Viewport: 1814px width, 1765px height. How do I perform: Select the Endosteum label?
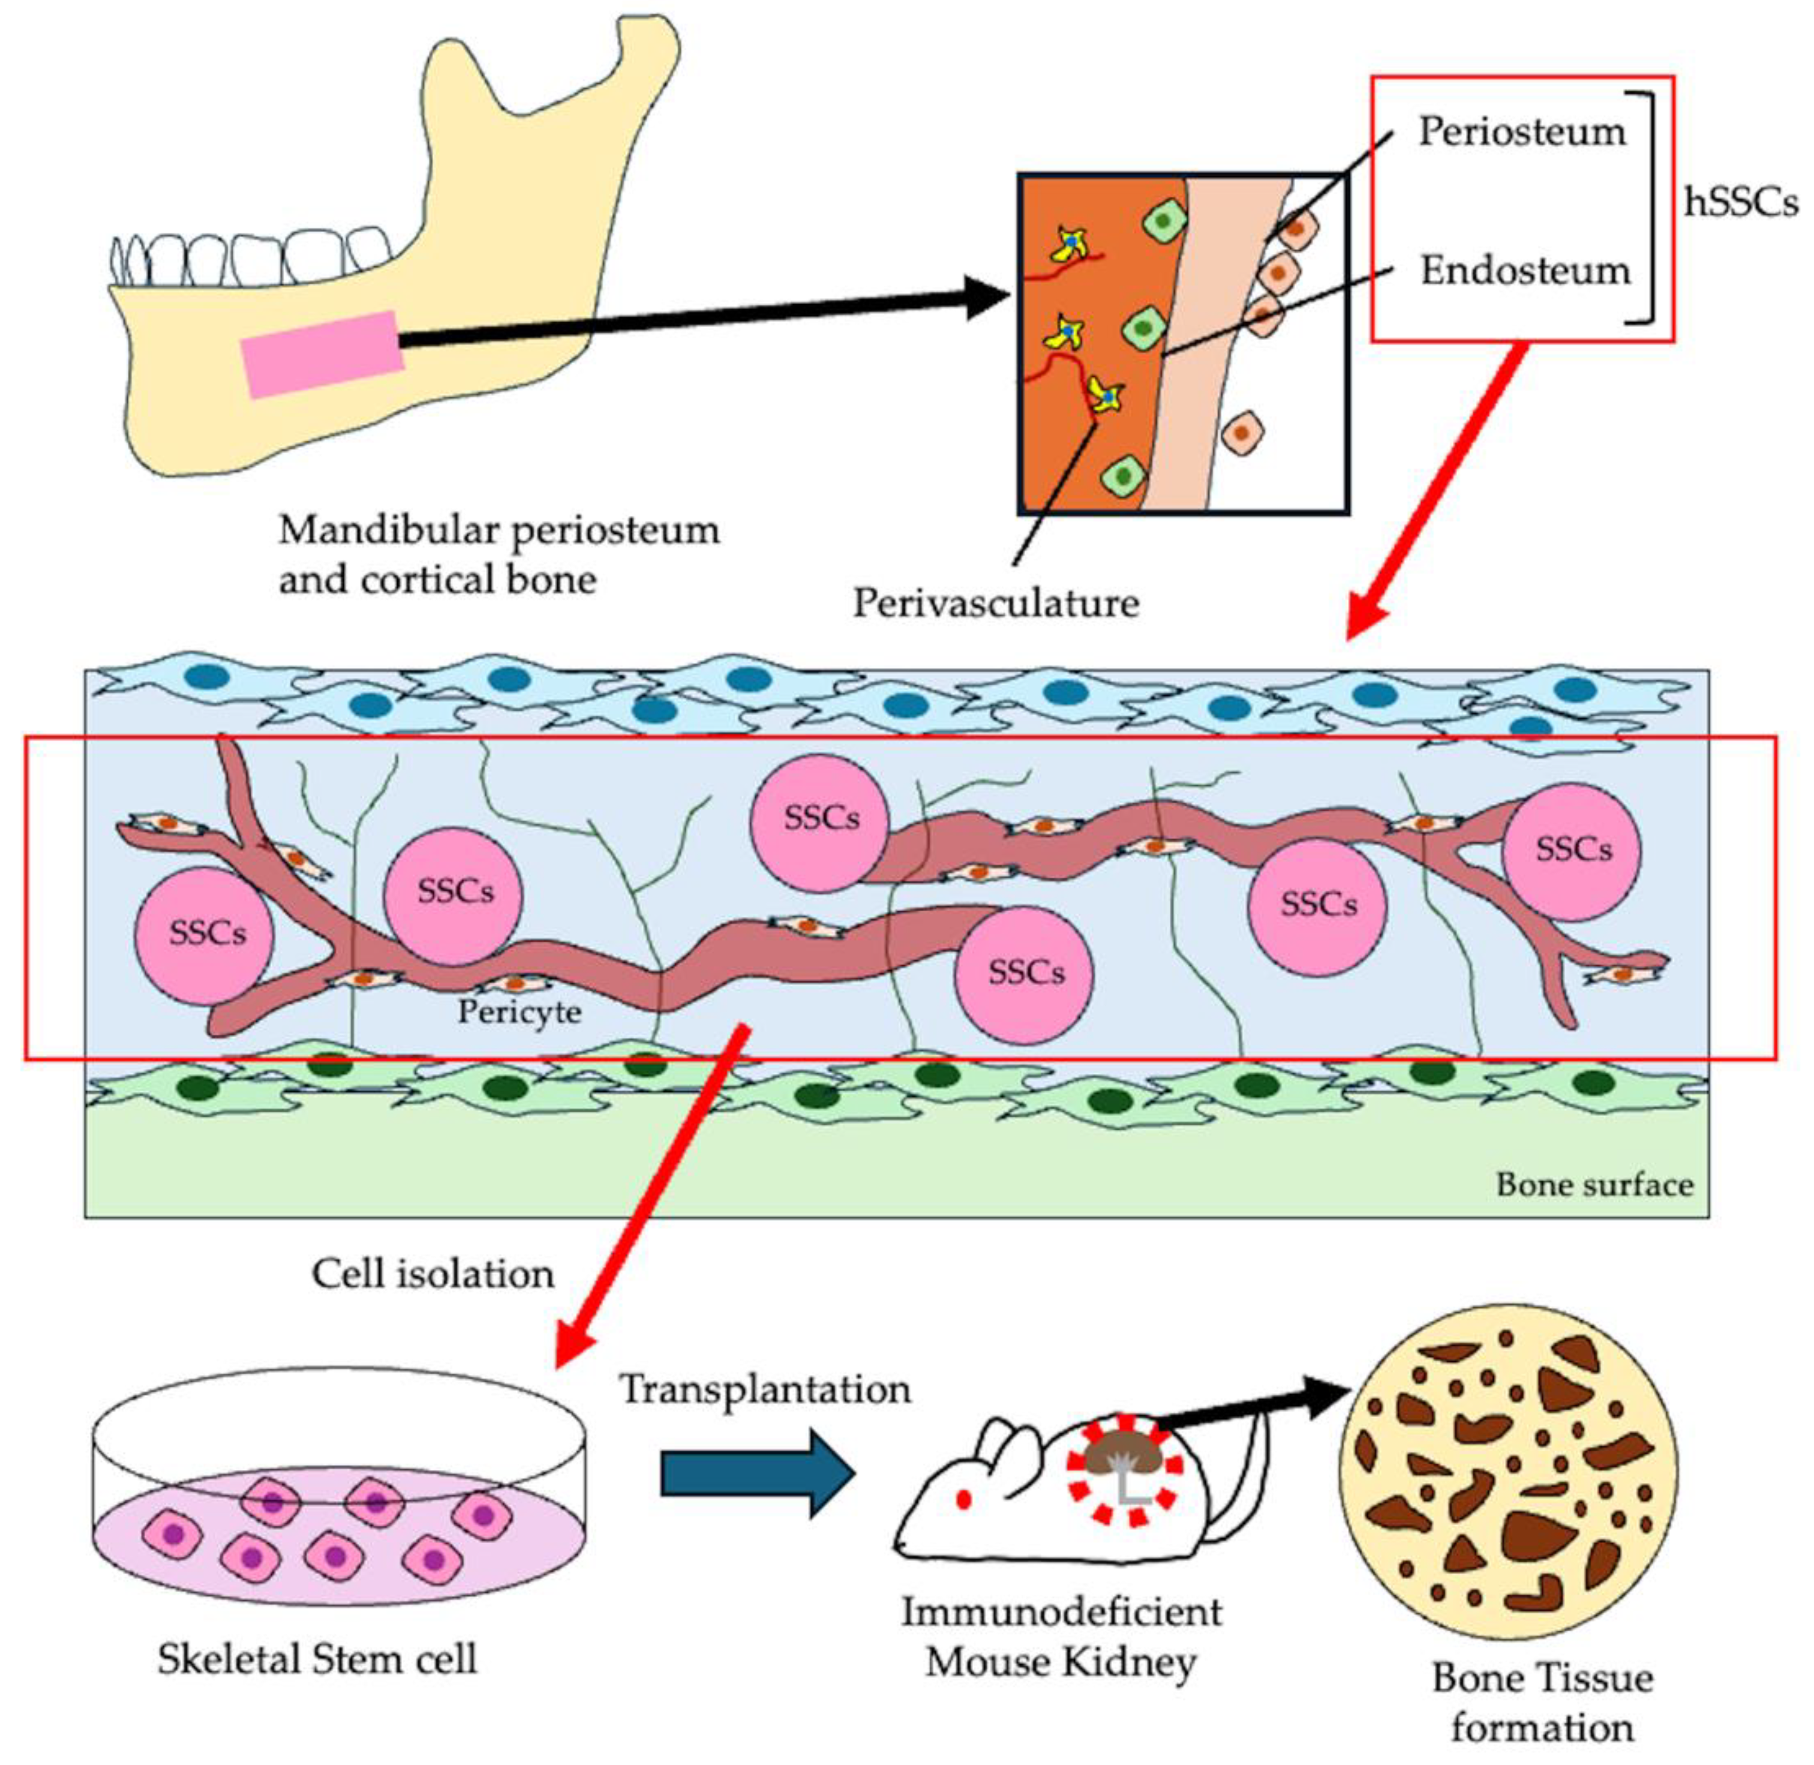(1525, 271)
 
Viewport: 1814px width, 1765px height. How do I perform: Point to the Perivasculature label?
(996, 602)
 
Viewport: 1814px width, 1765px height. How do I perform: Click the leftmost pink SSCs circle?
(204, 932)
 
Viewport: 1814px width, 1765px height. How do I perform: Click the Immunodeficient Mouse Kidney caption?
(1061, 1636)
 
